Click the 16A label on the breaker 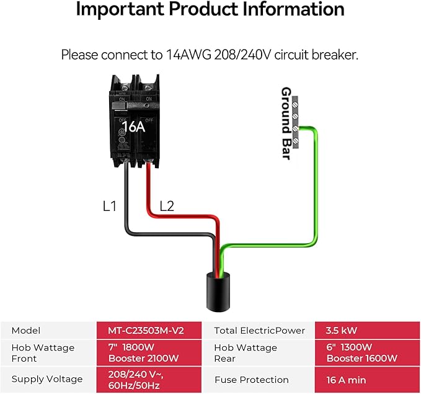[132, 127]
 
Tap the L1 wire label [109, 206]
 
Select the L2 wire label [167, 206]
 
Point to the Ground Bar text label [286, 123]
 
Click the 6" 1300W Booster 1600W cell [362, 352]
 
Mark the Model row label [26, 331]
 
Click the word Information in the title [294, 10]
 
